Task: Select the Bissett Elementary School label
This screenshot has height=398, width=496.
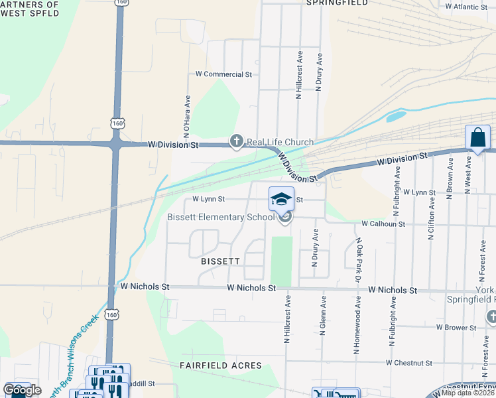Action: [221, 217]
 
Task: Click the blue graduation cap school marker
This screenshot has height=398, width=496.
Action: [281, 198]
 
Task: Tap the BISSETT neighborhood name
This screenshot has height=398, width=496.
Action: [219, 261]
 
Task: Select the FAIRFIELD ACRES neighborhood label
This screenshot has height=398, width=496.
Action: [221, 365]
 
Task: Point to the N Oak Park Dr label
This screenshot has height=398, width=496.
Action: [359, 257]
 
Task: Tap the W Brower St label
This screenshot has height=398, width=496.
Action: [456, 328]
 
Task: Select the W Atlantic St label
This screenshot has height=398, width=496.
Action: [466, 7]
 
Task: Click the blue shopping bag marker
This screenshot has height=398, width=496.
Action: [477, 139]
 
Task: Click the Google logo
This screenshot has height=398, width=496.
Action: [22, 391]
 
